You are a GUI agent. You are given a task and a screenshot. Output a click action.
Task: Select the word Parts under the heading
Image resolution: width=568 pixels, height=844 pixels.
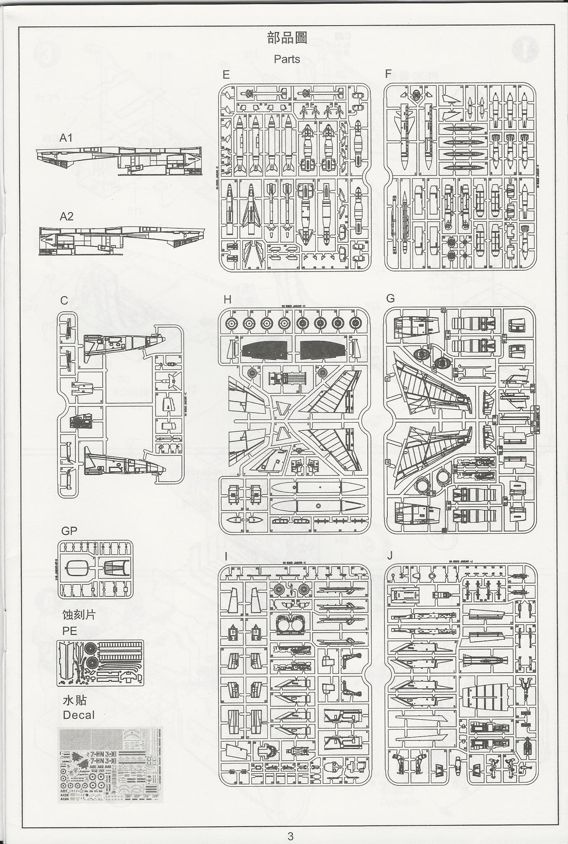[x=287, y=59]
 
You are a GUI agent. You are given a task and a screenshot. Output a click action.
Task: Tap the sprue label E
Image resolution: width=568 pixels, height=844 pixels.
[x=226, y=75]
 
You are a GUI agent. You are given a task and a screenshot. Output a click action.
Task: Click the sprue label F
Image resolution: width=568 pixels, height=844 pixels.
[x=388, y=74]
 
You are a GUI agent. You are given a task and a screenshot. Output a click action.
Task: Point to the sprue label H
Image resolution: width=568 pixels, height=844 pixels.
[x=227, y=299]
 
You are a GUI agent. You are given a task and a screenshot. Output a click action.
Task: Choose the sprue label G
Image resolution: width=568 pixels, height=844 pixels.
[x=391, y=298]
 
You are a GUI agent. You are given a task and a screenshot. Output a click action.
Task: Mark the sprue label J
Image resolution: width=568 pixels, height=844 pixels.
[x=390, y=556]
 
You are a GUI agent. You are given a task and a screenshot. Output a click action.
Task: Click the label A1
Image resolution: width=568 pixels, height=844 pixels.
[x=66, y=138]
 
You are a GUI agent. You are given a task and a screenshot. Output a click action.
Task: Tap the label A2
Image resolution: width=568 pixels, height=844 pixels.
[x=66, y=216]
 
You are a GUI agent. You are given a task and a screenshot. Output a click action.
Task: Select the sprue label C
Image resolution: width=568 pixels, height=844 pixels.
[x=64, y=301]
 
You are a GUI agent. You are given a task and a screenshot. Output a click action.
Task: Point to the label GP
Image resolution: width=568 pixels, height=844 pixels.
[x=69, y=531]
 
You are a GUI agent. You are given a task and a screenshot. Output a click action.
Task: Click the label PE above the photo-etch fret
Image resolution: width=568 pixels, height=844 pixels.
[x=70, y=631]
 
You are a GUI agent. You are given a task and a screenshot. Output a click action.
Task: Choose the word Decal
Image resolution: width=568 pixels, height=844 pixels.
[x=79, y=715]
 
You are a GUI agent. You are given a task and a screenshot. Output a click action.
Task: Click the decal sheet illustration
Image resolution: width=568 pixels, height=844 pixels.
[x=111, y=764]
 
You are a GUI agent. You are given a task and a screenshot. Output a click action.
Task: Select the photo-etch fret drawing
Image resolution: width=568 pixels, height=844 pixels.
[x=100, y=663]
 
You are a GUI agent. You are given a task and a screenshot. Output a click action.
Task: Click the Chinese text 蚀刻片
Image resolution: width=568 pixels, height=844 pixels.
[x=79, y=615]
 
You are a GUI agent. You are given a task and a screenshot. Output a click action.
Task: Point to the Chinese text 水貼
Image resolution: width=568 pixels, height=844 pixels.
[x=75, y=700]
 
